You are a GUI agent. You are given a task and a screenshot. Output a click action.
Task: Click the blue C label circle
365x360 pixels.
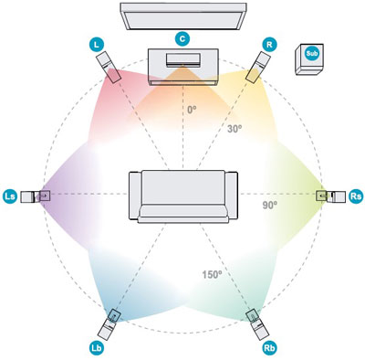point(182,39)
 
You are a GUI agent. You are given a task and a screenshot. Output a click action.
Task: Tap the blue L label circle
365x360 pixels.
point(98,43)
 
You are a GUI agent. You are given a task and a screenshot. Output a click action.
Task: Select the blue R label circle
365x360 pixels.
point(269,43)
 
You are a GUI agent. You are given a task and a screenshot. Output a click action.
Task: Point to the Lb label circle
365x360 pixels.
point(98,348)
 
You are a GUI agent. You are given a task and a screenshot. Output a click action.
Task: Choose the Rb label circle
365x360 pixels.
point(268,348)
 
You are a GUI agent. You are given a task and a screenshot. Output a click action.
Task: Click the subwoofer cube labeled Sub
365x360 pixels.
point(310,60)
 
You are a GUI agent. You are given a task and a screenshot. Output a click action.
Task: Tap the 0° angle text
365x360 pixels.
point(191,110)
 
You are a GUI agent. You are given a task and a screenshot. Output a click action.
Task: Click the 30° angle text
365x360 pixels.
point(235,129)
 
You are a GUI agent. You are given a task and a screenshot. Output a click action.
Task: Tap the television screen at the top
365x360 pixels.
point(182,16)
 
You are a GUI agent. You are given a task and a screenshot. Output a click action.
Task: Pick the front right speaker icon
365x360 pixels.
point(259,65)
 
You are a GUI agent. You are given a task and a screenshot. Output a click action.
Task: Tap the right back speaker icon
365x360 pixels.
point(255,321)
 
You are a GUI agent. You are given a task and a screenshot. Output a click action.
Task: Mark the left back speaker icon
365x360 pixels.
point(112,321)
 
